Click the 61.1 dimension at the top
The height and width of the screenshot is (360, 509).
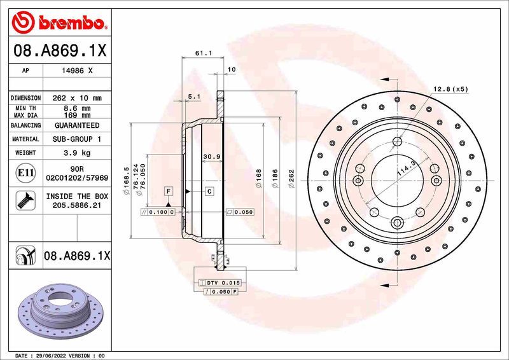(202, 53)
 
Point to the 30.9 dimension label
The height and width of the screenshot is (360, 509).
(211, 156)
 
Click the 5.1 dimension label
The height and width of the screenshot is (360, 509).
(195, 97)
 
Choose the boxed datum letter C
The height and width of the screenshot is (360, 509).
(209, 191)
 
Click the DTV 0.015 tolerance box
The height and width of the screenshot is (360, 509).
(218, 282)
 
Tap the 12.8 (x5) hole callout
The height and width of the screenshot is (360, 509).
(450, 89)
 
